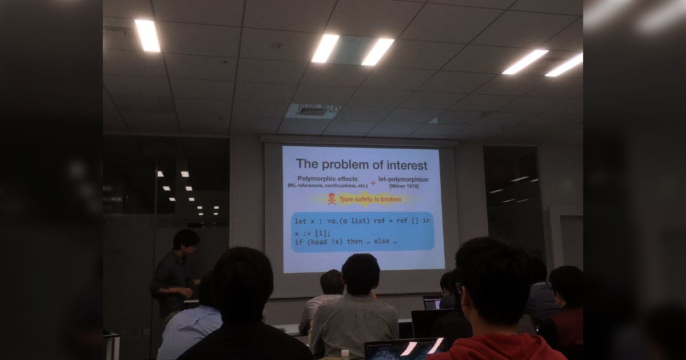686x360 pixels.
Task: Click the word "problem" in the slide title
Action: pyautogui.click(x=349, y=165)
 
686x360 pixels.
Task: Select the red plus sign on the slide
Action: pyautogui.click(x=373, y=183)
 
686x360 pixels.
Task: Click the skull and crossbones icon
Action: pyautogui.click(x=332, y=199)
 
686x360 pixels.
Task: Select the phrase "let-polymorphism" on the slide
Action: pyautogui.click(x=404, y=179)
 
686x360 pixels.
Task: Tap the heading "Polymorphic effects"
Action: pyautogui.click(x=328, y=179)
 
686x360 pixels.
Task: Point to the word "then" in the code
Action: pyautogui.click(x=354, y=242)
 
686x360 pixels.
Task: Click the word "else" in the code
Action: pyautogui.click(x=381, y=242)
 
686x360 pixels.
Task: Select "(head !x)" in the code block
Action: pyautogui.click(x=324, y=242)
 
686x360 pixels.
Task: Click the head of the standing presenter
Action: pyautogui.click(x=186, y=241)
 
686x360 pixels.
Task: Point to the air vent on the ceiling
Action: pyautogui.click(x=312, y=111)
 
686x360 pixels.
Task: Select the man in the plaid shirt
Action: pyautogui.click(x=323, y=303)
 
